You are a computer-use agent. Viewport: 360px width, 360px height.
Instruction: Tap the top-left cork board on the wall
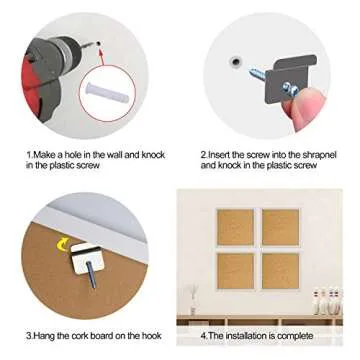coord(235,228)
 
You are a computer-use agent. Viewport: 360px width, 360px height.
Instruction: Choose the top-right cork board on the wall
coord(281,228)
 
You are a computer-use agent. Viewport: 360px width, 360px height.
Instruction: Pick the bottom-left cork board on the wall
coord(235,270)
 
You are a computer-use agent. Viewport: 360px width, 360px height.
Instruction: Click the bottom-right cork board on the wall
coord(281,270)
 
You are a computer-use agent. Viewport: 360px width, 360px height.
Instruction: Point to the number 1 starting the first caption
coord(27,155)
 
